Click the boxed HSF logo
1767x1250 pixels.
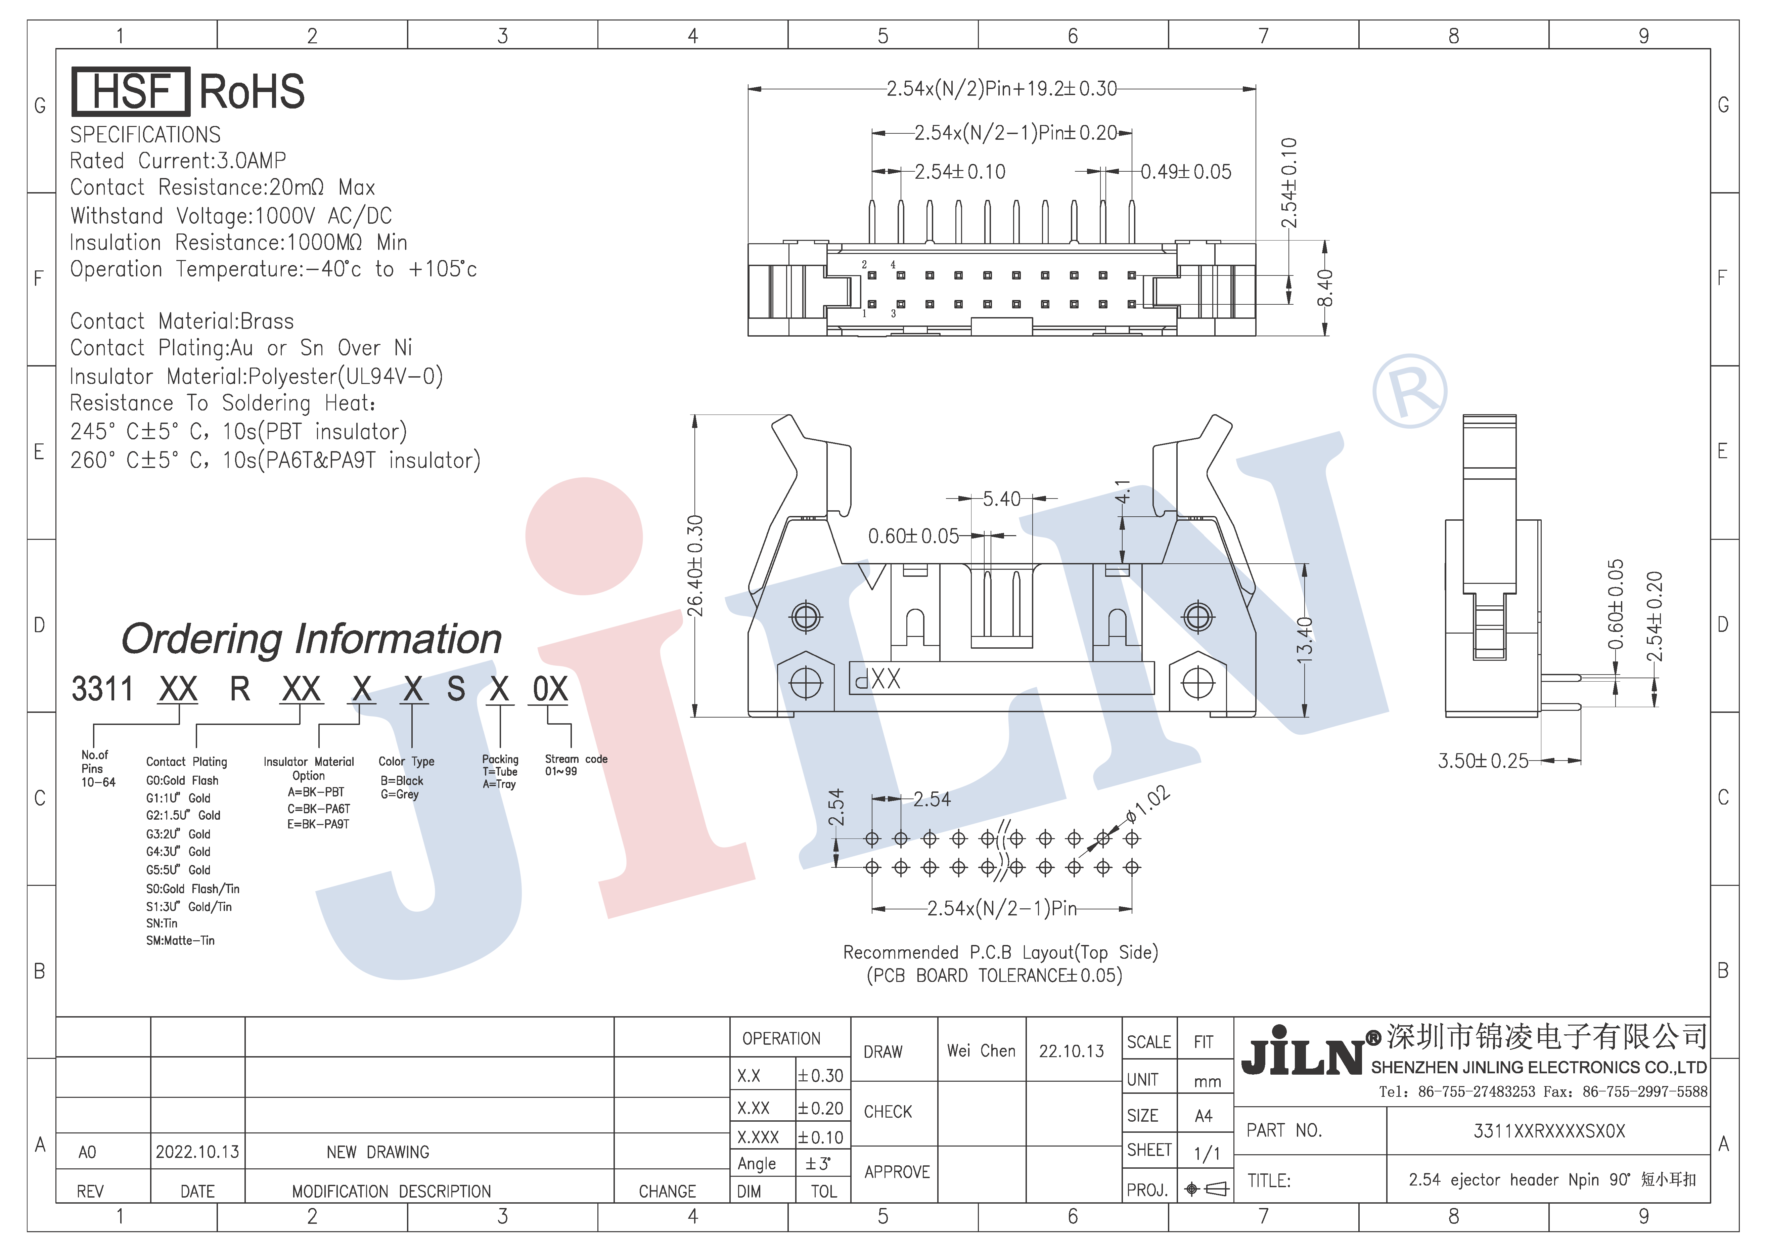pos(130,92)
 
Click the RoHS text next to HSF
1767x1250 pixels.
pos(252,92)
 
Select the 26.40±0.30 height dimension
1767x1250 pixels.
pos(695,566)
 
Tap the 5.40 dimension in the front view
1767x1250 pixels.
pos(1001,499)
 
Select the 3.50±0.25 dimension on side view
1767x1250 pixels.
pos(1483,761)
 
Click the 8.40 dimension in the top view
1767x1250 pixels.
pos(1324,288)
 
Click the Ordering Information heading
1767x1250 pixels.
pos(312,639)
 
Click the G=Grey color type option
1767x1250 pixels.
pos(399,794)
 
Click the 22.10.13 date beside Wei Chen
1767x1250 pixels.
pos(1071,1051)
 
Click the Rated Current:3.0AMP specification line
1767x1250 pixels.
pos(178,161)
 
